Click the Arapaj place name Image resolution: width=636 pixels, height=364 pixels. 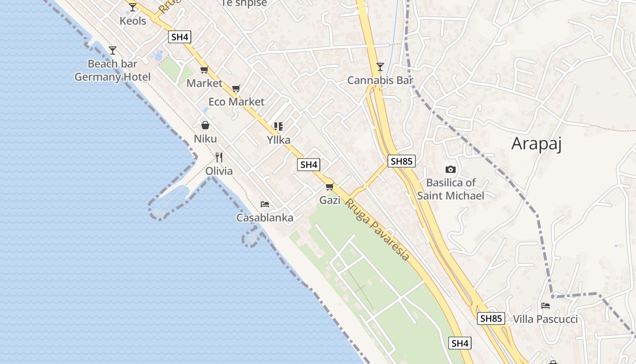[x=537, y=144]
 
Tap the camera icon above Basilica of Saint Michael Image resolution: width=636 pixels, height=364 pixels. [x=450, y=170]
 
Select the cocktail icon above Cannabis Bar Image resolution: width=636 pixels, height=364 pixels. [x=380, y=67]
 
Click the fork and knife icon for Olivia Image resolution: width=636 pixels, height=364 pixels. [x=219, y=157]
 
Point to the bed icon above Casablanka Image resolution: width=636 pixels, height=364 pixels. [x=265, y=204]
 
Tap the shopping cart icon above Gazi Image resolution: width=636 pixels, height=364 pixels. [x=330, y=187]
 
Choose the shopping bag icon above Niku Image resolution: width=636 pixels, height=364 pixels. [x=205, y=125]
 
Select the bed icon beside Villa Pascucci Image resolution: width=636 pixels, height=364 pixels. [x=546, y=306]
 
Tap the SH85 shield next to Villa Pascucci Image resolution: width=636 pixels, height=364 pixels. [x=491, y=318]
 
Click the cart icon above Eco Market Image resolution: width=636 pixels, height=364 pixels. [x=236, y=88]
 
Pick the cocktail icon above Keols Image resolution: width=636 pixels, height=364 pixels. [x=133, y=7]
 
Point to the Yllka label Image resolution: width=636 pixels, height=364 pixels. [x=278, y=140]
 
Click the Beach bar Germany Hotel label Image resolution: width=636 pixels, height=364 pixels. [x=112, y=71]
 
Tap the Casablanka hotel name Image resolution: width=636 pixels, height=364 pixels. [x=265, y=218]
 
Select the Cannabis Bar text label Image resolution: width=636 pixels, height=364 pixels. [x=380, y=81]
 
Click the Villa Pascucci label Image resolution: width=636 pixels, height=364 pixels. [x=545, y=319]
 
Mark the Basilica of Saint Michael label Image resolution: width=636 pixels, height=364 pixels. [x=451, y=189]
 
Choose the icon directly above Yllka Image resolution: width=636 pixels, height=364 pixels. [x=278, y=126]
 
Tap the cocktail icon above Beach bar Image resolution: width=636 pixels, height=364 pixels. [x=113, y=51]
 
